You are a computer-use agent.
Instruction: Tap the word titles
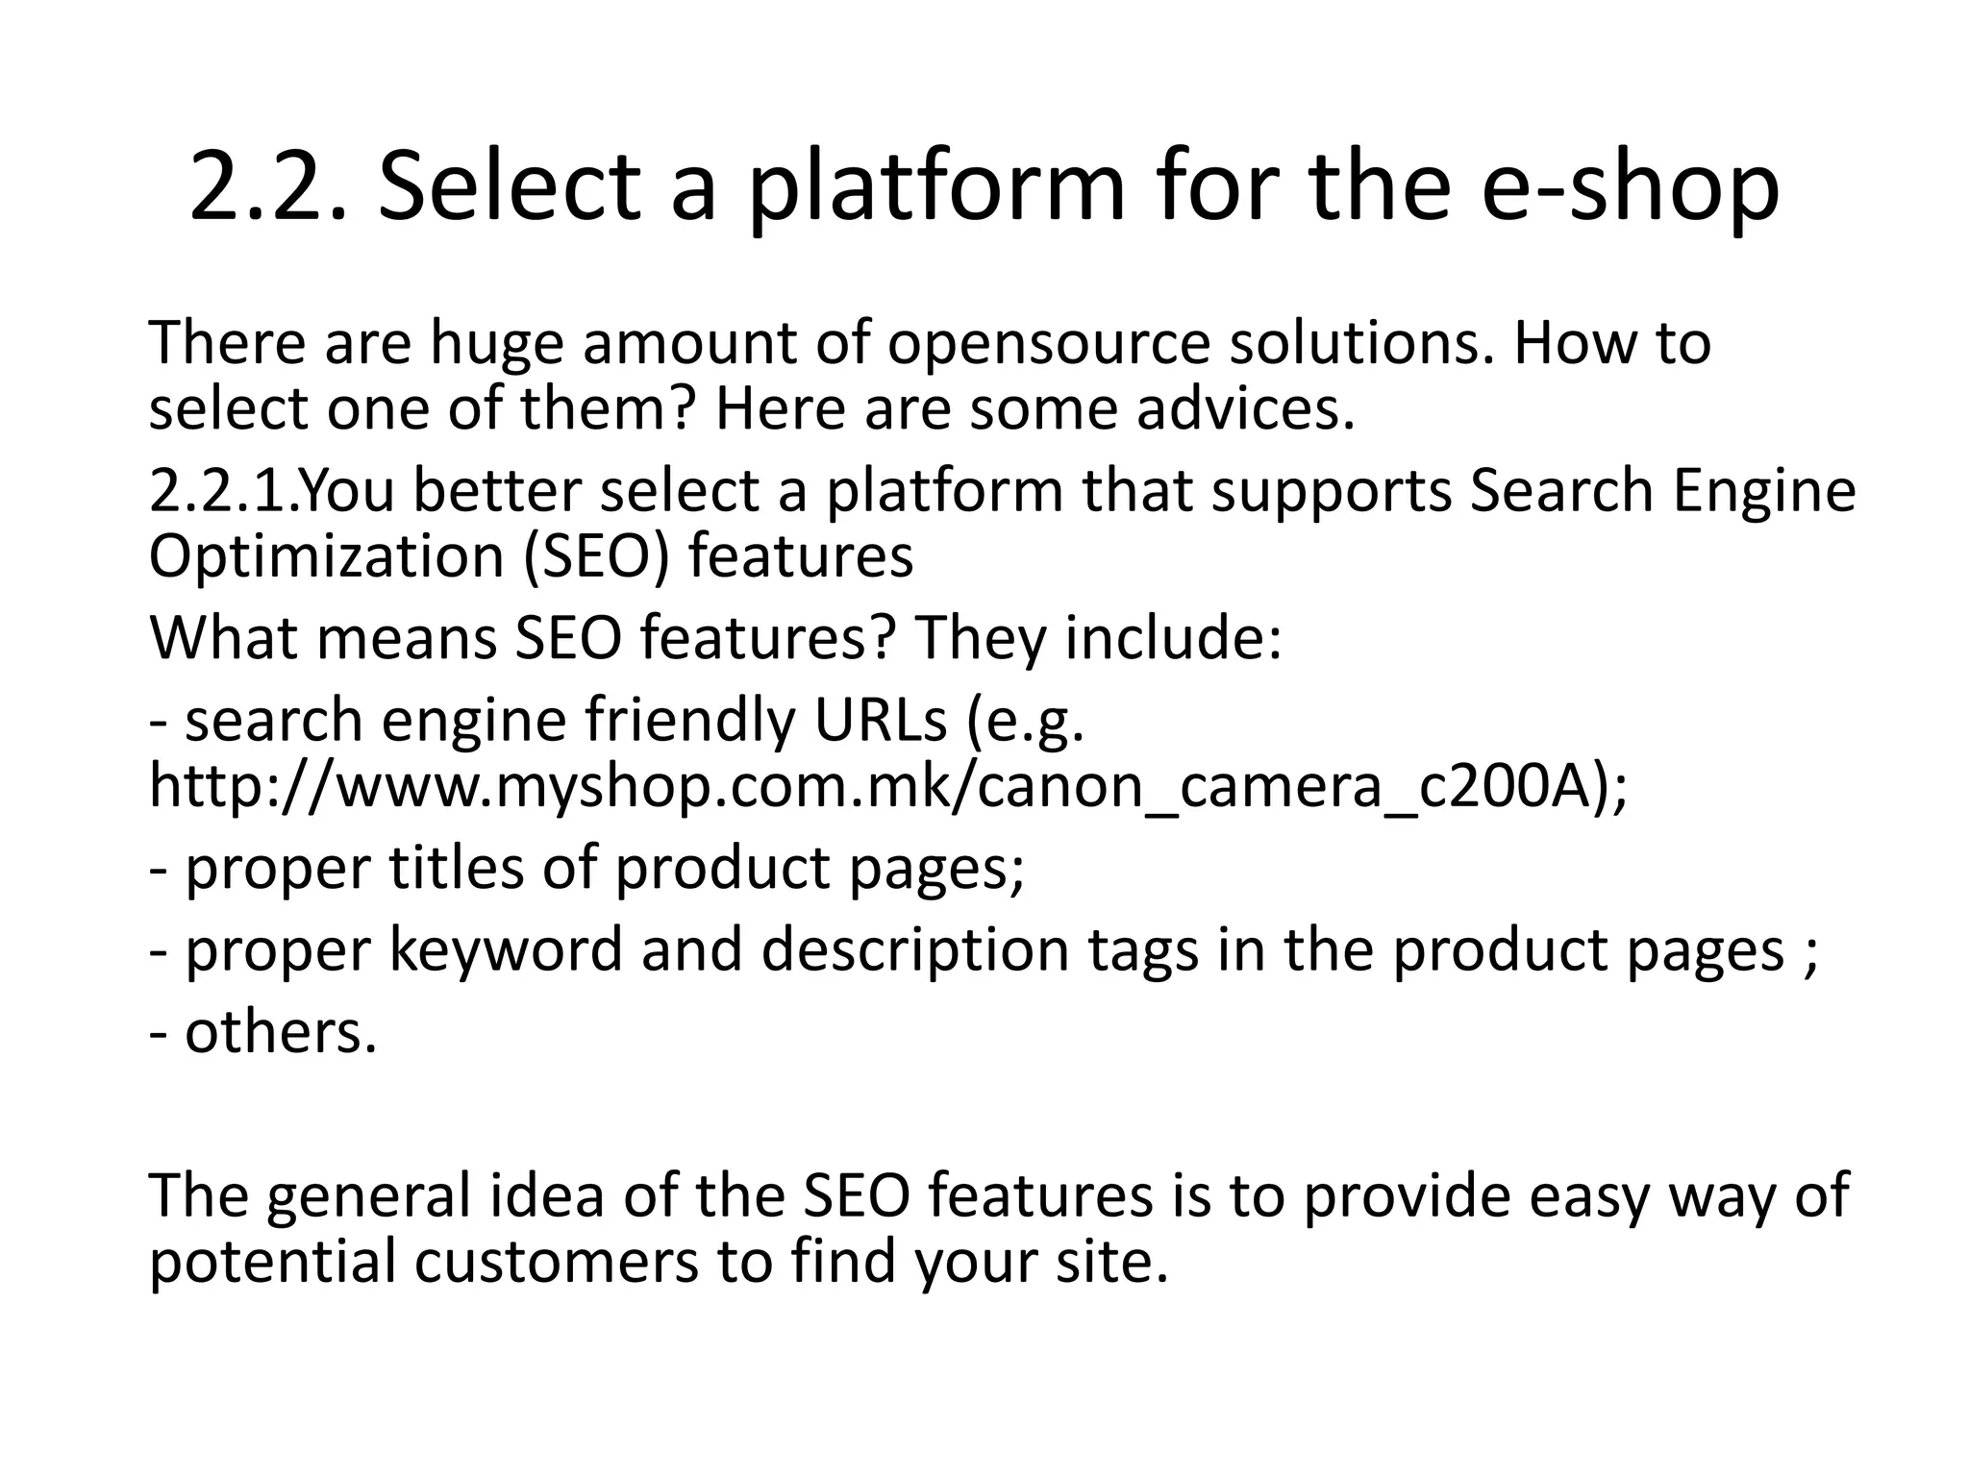[x=457, y=867]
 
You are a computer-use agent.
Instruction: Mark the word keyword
[x=506, y=948]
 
